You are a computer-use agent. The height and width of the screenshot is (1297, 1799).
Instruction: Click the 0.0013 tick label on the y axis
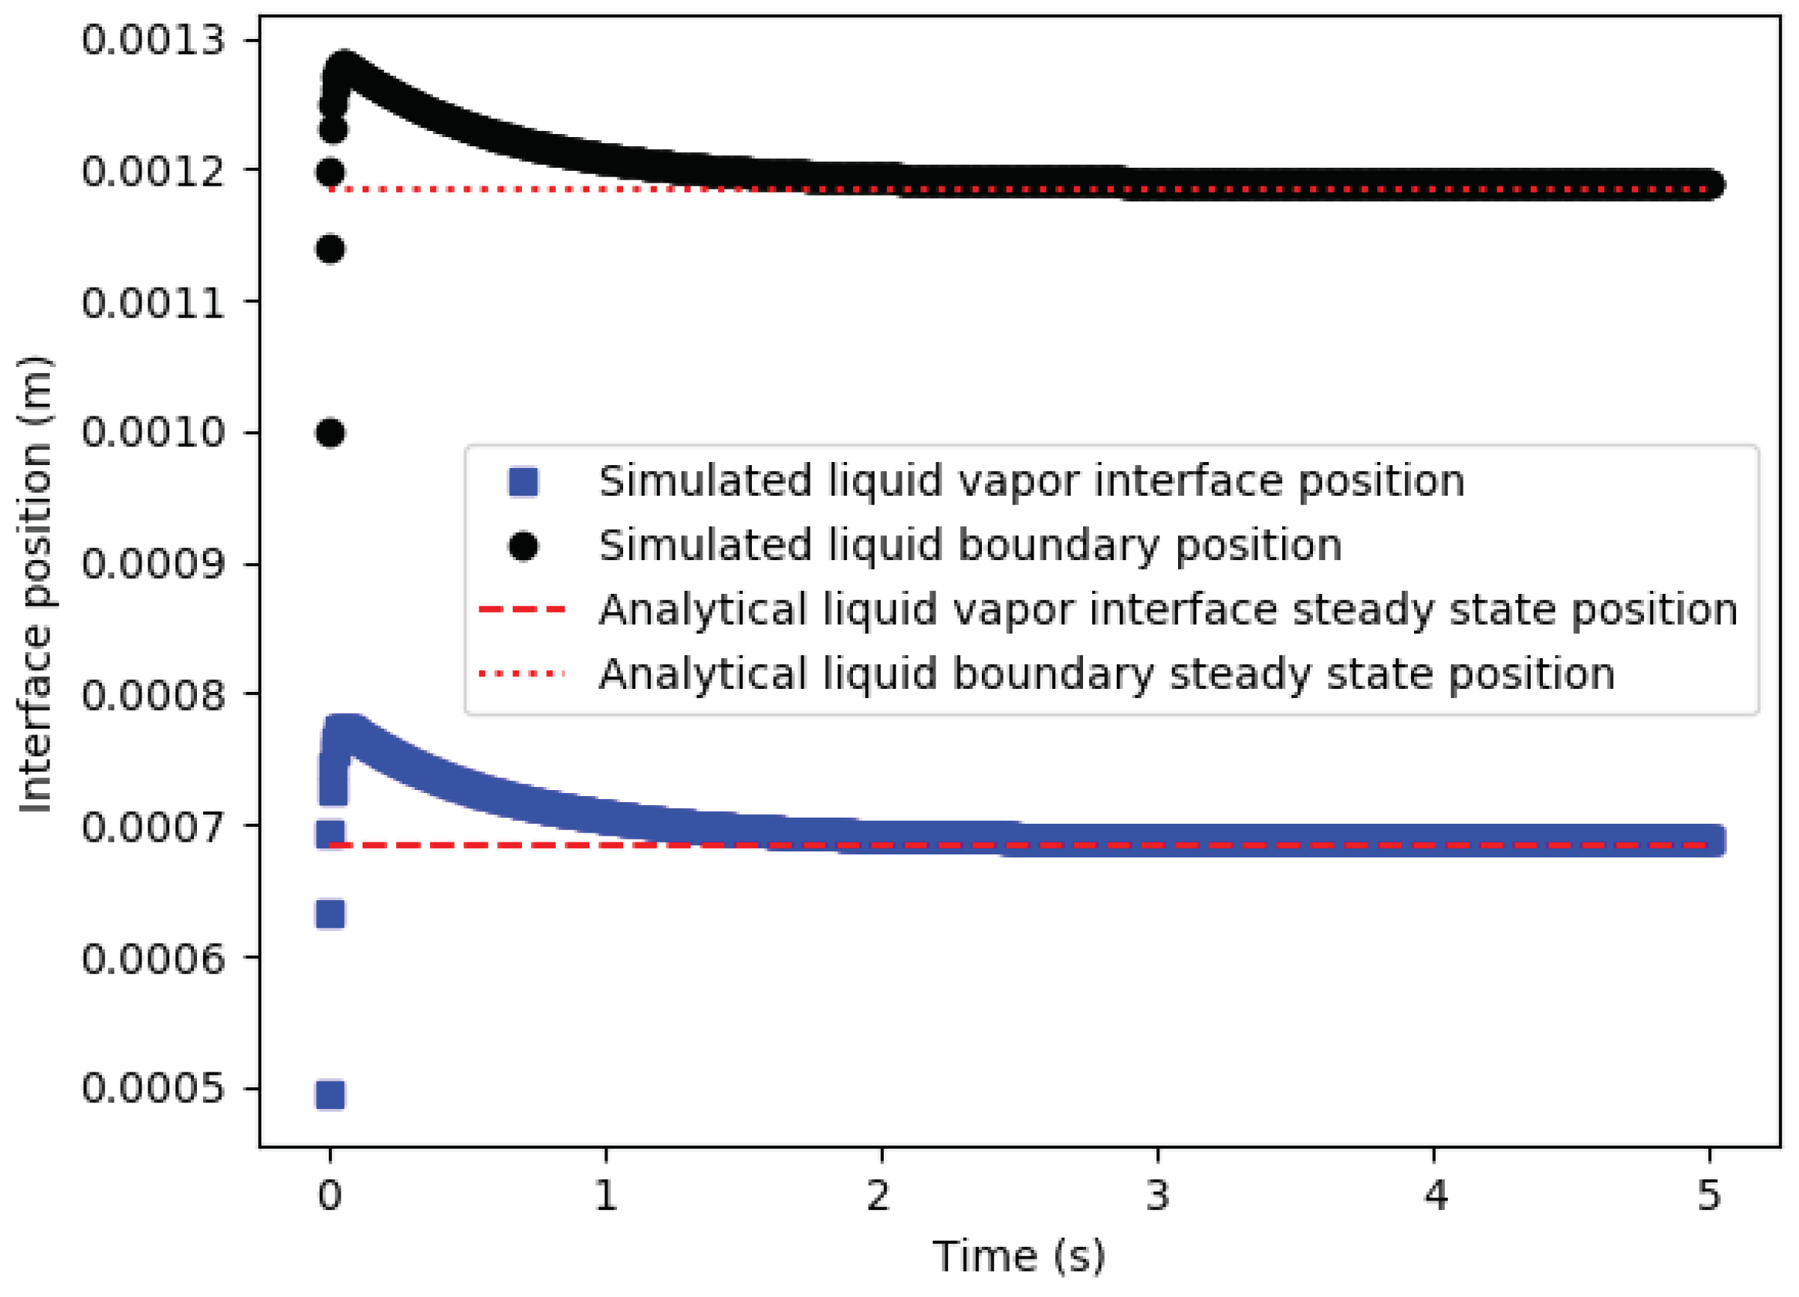pos(153,40)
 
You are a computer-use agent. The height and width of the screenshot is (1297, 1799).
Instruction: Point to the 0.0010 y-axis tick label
pos(153,433)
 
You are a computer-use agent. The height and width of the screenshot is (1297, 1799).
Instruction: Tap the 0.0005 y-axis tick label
pos(153,1088)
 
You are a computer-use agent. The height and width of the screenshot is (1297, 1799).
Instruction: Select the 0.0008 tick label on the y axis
pos(153,695)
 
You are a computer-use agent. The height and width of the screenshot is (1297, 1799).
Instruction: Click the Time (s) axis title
pos(1019,1257)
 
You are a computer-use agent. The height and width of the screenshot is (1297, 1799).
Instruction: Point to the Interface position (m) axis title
pos(36,585)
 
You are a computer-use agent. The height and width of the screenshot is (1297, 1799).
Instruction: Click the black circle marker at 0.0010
pos(330,433)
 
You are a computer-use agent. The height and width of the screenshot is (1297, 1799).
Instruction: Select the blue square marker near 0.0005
pos(330,1095)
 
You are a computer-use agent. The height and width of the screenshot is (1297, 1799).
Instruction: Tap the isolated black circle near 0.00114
pos(330,249)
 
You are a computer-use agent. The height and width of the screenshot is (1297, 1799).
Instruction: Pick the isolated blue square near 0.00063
pos(330,914)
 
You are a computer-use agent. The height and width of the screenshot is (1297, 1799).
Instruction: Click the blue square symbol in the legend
pos(524,482)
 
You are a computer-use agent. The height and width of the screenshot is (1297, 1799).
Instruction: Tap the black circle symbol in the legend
pos(524,546)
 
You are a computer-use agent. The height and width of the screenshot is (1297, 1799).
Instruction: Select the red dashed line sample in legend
pos(522,610)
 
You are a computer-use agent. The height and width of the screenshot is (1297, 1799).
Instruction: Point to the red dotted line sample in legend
pos(522,674)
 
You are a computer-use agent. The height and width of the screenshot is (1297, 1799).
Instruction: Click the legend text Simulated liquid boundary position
pos(969,546)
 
